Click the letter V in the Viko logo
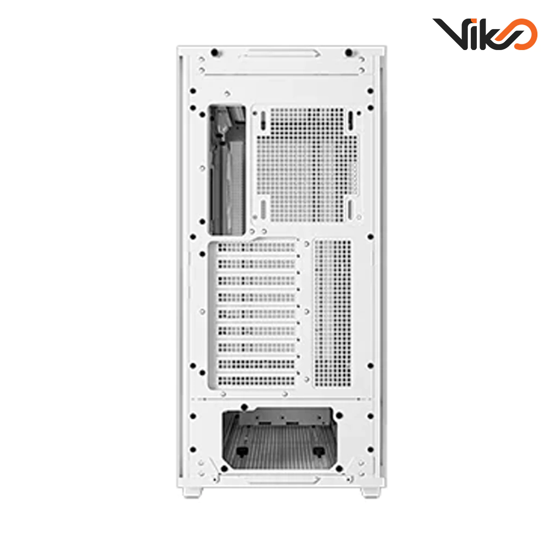point(448,34)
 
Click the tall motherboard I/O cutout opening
point(227,169)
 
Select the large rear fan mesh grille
point(306,164)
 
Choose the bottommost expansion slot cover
point(256,380)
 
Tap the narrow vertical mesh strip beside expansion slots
point(333,313)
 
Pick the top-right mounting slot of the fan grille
point(351,120)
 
